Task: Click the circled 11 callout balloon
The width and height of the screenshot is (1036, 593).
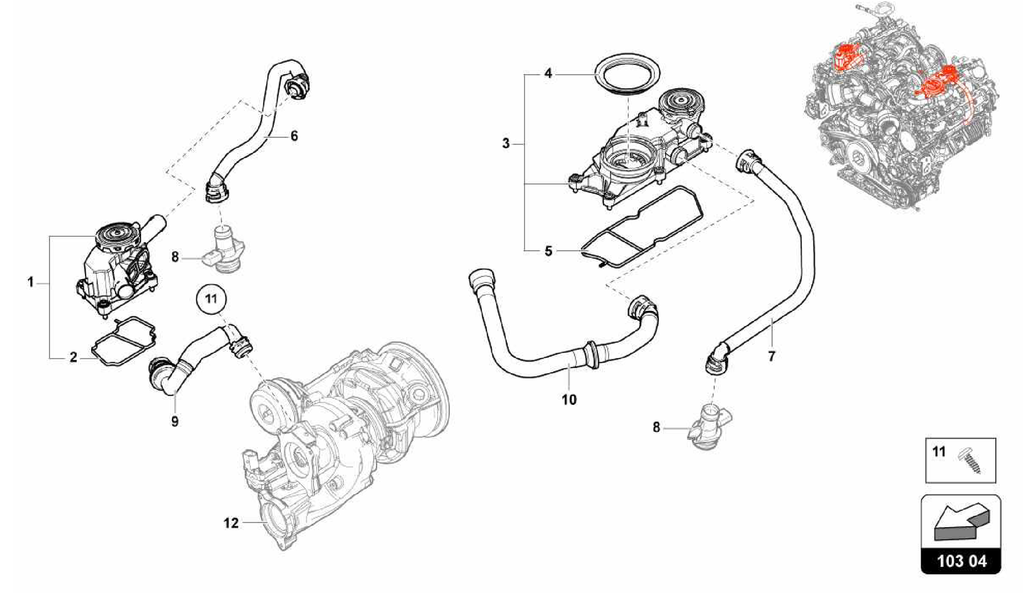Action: [211, 299]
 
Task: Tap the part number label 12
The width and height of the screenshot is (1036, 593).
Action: [231, 523]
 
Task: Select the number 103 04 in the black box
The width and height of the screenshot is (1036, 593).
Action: [961, 562]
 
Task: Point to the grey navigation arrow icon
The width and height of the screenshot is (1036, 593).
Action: [960, 526]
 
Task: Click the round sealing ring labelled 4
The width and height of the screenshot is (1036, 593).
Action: [624, 76]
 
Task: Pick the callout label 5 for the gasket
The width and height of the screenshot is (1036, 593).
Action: [549, 251]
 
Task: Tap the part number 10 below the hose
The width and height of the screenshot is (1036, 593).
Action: [569, 400]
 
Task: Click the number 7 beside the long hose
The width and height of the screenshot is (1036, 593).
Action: [771, 357]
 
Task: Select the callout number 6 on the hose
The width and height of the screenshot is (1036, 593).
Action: [294, 136]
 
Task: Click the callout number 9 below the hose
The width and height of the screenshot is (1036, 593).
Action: [175, 421]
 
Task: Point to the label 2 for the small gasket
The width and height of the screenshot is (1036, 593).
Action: [74, 358]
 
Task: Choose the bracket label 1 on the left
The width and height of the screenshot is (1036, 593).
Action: [31, 282]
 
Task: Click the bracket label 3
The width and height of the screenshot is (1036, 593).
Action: [506, 144]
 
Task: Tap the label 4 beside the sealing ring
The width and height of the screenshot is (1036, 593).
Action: [548, 74]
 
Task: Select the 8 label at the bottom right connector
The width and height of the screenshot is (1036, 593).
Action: [656, 428]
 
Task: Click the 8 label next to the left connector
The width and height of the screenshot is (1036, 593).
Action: [175, 258]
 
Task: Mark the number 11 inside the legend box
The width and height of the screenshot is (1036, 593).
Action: [939, 452]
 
